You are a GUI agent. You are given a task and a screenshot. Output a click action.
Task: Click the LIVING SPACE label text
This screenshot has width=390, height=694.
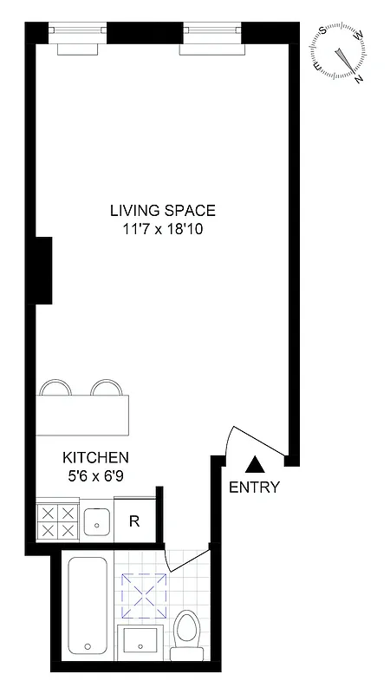[162, 210]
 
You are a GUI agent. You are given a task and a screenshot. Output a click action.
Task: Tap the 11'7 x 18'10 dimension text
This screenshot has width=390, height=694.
[162, 230]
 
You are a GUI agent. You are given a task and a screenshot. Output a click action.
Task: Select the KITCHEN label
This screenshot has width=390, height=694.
[95, 457]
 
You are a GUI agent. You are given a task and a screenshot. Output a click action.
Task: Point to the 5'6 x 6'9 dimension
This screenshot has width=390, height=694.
[95, 475]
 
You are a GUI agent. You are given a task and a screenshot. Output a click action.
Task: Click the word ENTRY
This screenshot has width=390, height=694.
[254, 488]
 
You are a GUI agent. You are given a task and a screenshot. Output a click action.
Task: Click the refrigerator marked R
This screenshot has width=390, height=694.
[134, 520]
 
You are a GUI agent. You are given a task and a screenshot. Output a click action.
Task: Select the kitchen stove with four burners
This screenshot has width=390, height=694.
[58, 520]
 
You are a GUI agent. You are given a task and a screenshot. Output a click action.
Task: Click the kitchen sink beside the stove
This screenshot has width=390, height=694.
[95, 521]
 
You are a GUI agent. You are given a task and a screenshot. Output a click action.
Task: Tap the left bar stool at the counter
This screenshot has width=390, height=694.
[54, 388]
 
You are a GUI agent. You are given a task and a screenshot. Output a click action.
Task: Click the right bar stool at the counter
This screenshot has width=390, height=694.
[105, 388]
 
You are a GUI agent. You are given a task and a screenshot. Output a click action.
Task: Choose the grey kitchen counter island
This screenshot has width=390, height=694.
[83, 416]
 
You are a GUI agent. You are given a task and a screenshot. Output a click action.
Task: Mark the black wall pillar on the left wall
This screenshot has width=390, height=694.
[43, 271]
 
